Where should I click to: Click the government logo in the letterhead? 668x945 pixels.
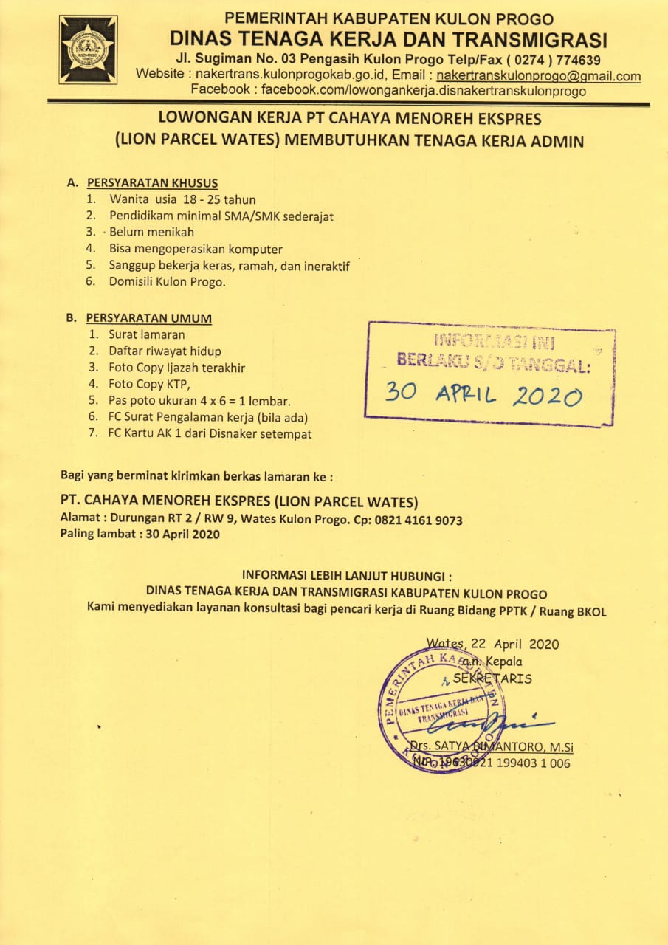click(88, 49)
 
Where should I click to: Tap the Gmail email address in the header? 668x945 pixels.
click(538, 75)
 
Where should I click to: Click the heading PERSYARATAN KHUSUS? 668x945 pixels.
click(152, 183)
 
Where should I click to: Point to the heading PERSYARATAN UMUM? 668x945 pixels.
click(148, 318)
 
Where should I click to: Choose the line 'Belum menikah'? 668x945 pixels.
click(151, 232)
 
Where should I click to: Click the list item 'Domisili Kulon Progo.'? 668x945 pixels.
click(168, 281)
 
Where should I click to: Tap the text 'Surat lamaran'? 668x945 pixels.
click(147, 334)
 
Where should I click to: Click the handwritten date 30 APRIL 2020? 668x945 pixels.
click(483, 395)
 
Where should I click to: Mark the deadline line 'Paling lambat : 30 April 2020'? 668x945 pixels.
click(140, 534)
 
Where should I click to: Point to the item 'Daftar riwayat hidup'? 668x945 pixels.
click(165, 351)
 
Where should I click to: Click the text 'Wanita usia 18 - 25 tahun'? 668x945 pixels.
click(182, 199)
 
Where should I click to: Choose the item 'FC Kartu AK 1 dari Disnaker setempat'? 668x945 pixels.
click(210, 433)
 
